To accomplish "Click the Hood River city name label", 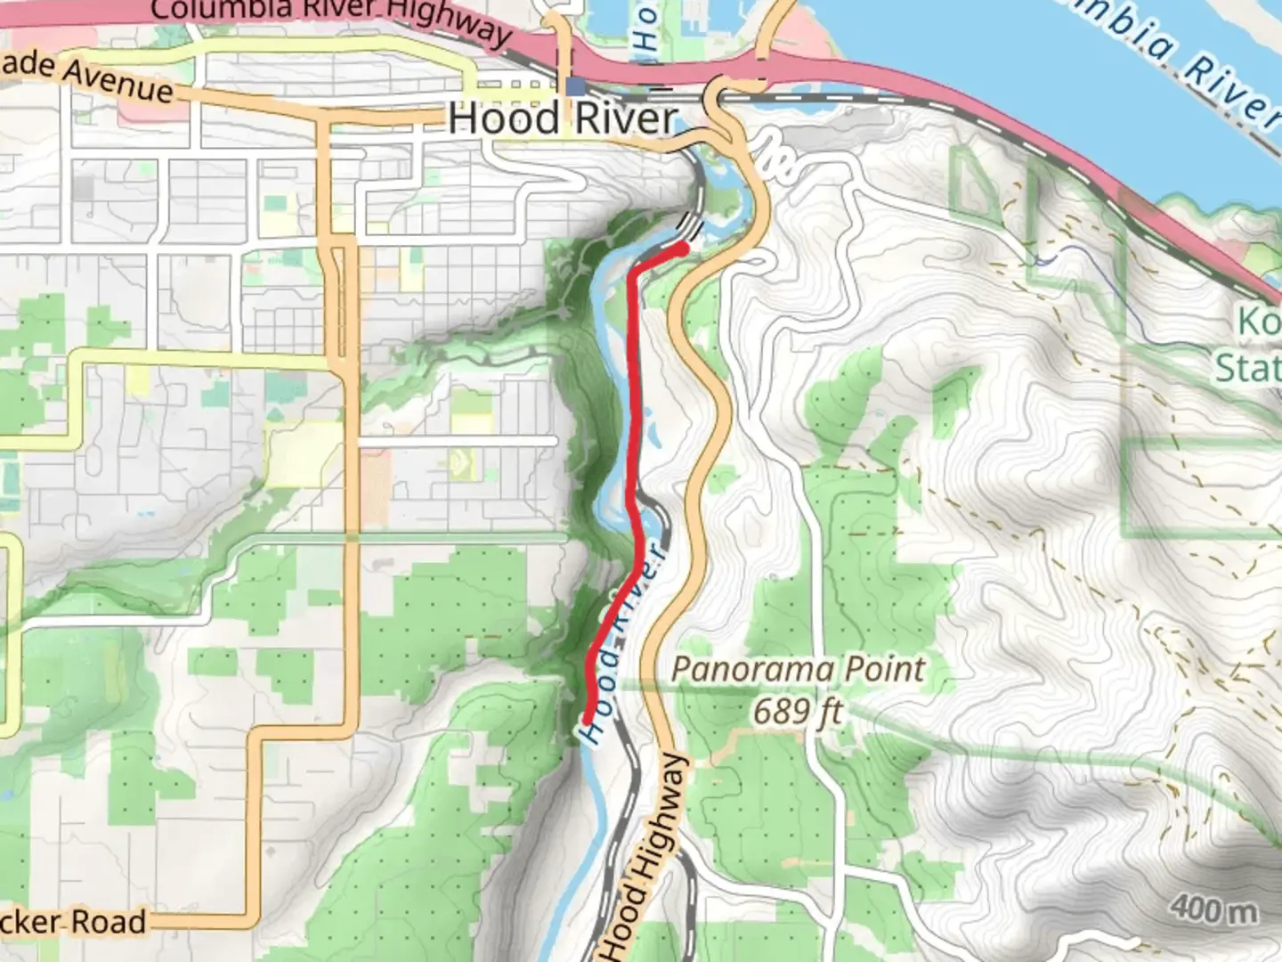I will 563,118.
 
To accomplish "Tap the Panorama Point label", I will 799,669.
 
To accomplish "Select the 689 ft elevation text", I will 798,711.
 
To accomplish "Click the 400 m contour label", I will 1214,909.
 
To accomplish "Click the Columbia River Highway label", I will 329,18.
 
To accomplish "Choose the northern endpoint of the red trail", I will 683,249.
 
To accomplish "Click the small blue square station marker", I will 575,86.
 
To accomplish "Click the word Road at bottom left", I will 108,921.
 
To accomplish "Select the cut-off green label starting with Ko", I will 1258,322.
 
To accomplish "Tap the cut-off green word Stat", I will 1248,367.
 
